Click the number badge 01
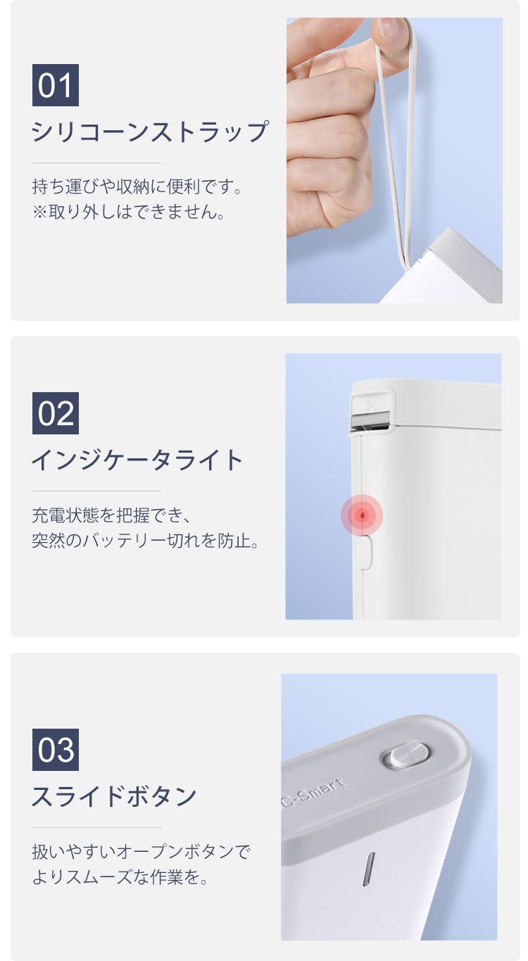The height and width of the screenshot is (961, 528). pos(56,85)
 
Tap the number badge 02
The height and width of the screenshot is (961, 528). pos(56,413)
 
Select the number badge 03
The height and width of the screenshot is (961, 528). pos(56,750)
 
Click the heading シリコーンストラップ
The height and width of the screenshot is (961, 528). pos(150,131)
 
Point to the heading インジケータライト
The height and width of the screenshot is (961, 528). pos(137,460)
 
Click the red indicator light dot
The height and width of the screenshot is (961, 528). pos(363,515)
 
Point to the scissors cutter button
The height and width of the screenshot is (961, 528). pos(371,405)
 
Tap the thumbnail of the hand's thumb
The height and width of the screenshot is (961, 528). pos(392,31)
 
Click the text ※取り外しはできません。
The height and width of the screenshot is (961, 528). pos(128,211)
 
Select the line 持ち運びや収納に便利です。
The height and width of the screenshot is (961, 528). pos(137,187)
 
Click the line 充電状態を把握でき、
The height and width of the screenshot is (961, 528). pos(111,515)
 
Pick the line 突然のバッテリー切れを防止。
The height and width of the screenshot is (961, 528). pos(146,540)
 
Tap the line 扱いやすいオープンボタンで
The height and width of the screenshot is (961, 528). pos(141,852)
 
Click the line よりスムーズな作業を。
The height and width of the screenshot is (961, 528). pos(120,877)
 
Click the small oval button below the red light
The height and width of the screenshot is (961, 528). pos(364,552)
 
